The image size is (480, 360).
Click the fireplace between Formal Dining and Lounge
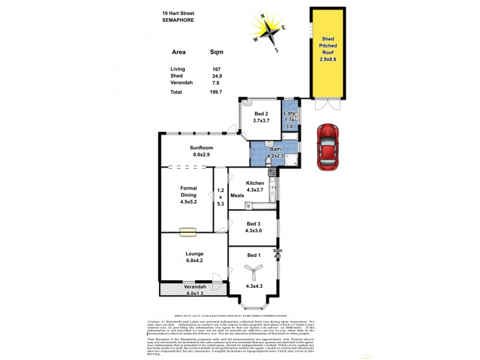point(187,230)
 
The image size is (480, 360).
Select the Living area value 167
point(213,69)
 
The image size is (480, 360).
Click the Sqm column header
point(216,52)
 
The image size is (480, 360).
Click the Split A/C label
point(278,253)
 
